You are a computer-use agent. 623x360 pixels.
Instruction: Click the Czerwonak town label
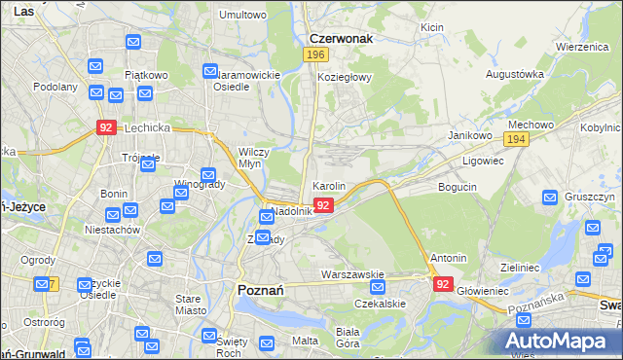coord(341,38)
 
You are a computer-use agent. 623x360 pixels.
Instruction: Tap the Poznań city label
coord(260,289)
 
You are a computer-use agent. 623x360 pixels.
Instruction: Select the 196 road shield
coord(313,55)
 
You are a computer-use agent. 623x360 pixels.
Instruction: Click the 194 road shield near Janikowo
coord(517,140)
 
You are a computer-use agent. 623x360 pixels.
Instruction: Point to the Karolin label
coord(329,185)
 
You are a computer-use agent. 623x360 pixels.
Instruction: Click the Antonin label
coord(448,258)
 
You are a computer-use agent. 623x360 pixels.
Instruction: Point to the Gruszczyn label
coord(587,197)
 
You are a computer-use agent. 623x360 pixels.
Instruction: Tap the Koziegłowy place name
coord(345,78)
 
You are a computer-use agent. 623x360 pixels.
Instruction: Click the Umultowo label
coord(242,16)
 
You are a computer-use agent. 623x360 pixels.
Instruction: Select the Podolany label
coord(55,87)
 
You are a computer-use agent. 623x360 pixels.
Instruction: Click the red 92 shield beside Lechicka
coord(107,127)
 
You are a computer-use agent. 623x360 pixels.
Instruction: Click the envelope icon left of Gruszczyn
coord(549,198)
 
